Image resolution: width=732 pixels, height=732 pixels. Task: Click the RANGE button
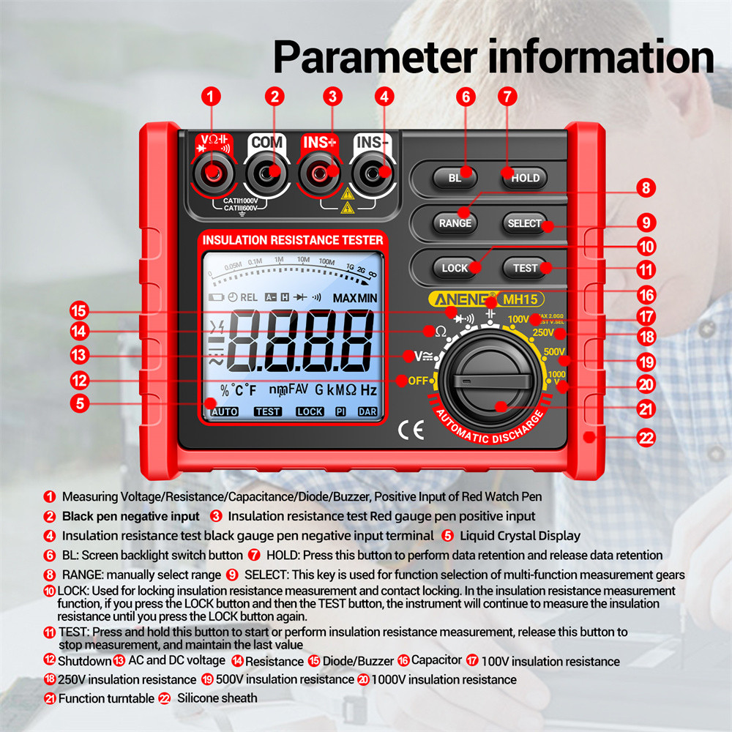(455, 223)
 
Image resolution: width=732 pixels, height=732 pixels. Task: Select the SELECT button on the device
(524, 223)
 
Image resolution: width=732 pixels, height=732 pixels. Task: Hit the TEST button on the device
(525, 268)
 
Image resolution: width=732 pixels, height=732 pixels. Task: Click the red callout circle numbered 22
(646, 438)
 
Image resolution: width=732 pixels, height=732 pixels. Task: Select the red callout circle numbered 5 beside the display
(81, 402)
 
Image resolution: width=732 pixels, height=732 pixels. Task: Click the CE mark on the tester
(411, 430)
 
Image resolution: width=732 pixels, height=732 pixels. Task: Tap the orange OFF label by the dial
(418, 380)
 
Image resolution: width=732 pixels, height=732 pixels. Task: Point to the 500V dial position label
(554, 352)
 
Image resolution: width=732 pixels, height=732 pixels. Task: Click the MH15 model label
(520, 299)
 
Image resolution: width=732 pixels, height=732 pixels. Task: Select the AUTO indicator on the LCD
(224, 411)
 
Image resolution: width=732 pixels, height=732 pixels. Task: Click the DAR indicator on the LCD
(367, 411)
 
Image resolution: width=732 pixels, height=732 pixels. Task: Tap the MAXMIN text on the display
(355, 298)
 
